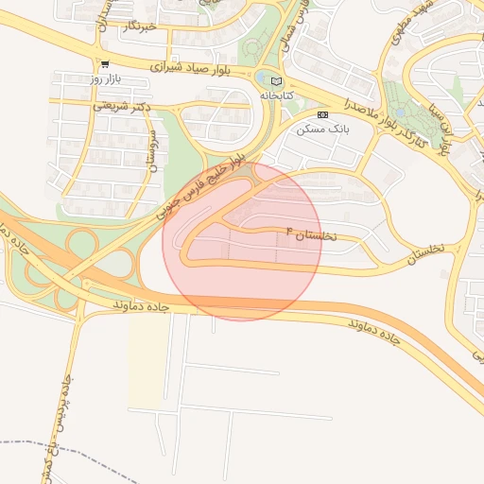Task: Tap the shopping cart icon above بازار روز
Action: [105, 63]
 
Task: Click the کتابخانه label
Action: [276, 95]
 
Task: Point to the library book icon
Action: [276, 81]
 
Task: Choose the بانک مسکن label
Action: [321, 129]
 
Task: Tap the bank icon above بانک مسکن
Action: [322, 113]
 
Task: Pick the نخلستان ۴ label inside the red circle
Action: [310, 233]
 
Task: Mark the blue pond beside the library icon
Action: [262, 78]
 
